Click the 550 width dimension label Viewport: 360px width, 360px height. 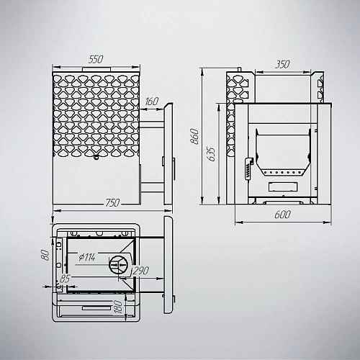[96, 60]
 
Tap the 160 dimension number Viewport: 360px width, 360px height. [152, 102]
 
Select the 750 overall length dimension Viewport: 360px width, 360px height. [112, 203]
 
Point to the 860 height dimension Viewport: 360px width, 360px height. [194, 137]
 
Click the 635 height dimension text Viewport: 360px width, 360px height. [211, 153]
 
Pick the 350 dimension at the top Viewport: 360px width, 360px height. [282, 64]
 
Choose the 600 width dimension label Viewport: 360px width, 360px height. [283, 215]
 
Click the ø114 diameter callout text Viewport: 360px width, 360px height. [87, 257]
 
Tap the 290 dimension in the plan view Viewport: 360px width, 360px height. [141, 271]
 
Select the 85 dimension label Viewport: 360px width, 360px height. [65, 279]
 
